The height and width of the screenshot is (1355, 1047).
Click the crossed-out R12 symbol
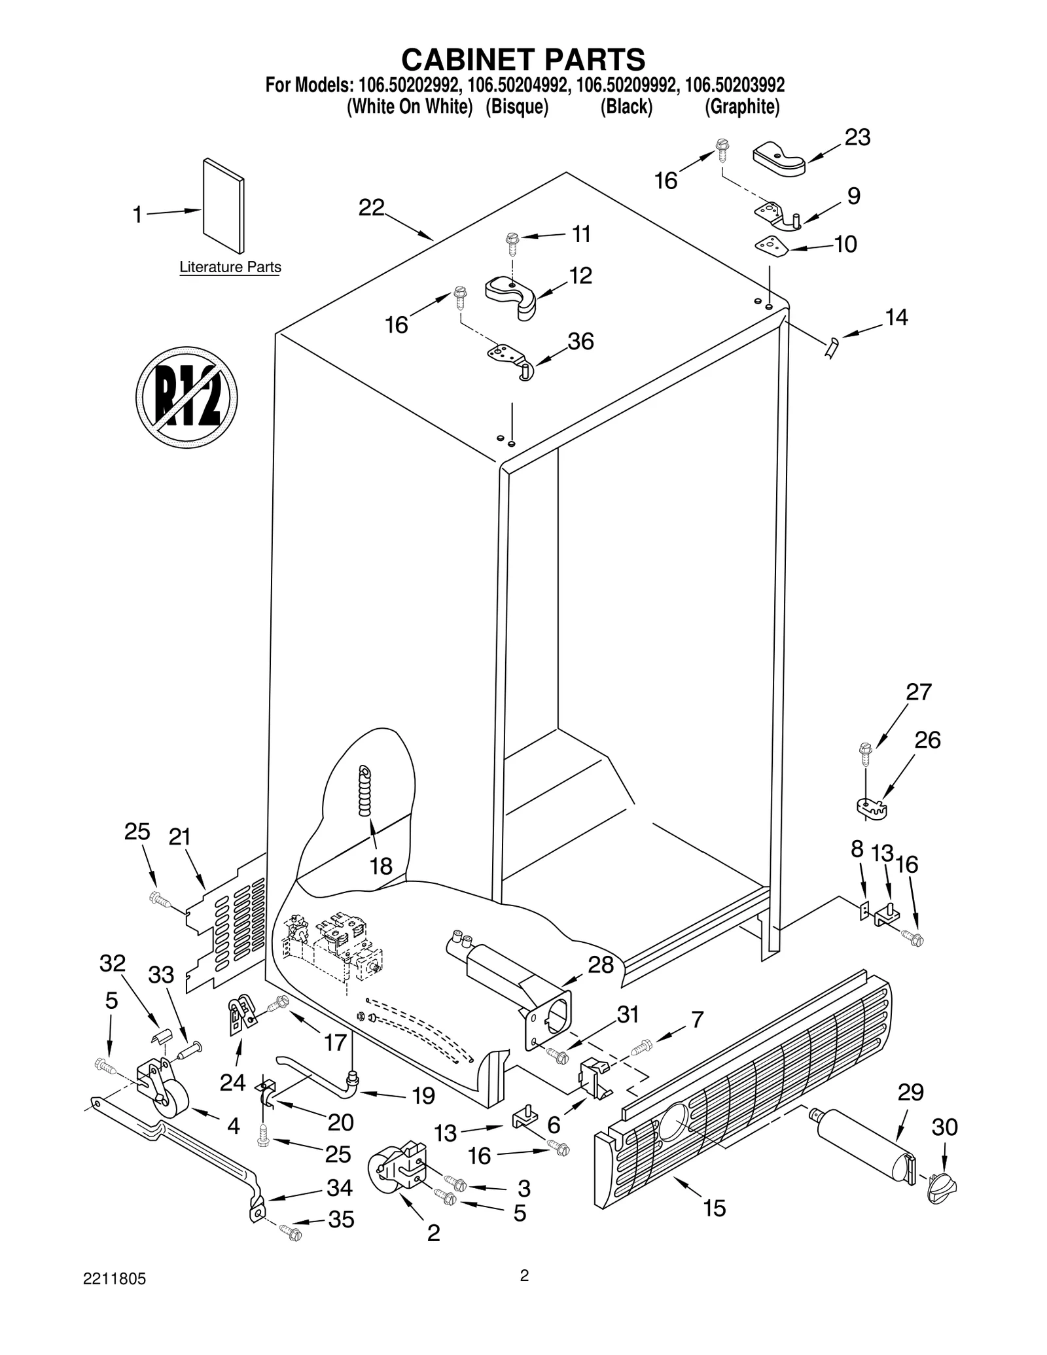[x=186, y=397]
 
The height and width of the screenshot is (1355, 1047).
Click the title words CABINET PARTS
[x=523, y=60]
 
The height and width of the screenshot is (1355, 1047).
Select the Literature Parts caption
[x=230, y=267]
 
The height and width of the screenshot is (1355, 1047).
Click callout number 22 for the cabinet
[x=371, y=208]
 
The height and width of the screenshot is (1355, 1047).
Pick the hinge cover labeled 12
[x=511, y=296]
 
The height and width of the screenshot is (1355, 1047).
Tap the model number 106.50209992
[x=627, y=86]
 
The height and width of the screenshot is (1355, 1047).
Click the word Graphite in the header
[x=742, y=107]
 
